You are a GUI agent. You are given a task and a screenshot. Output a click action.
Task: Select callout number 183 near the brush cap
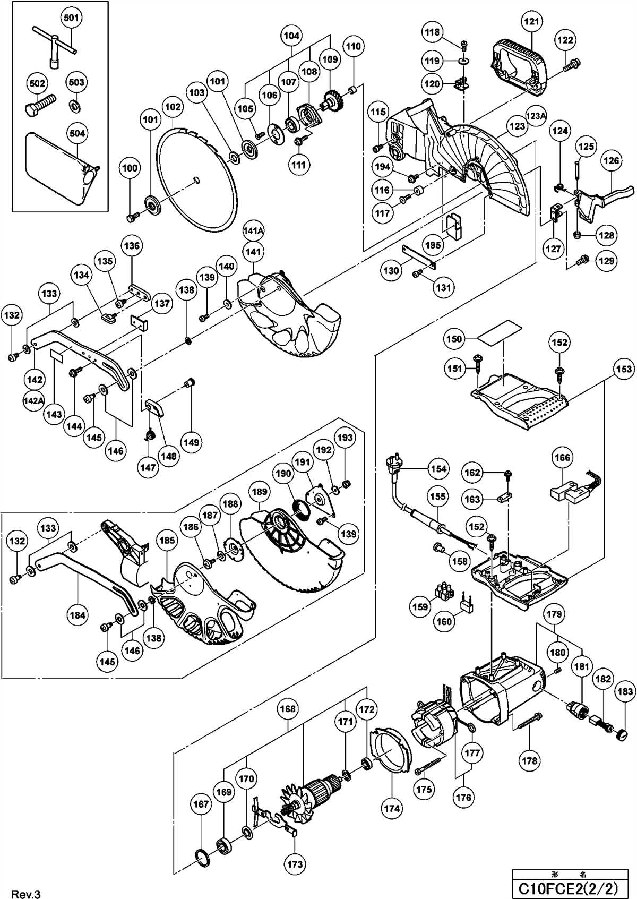(x=625, y=691)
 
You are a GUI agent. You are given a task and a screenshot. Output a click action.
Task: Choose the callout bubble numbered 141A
(x=254, y=231)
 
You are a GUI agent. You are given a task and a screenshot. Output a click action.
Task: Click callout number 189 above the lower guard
(x=260, y=492)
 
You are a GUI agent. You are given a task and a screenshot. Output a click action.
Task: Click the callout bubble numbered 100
(x=130, y=168)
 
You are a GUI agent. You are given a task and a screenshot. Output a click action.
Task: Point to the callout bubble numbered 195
(x=433, y=245)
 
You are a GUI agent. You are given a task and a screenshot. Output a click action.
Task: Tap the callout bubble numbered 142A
(x=33, y=400)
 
